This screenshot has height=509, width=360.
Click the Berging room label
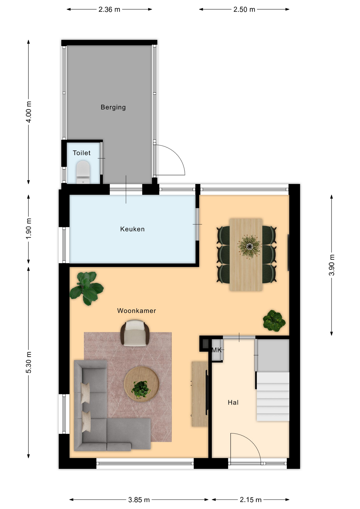[113, 107]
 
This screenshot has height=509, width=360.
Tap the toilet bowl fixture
[83, 171]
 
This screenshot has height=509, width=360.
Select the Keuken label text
[132, 229]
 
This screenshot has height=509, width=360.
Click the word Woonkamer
[137, 311]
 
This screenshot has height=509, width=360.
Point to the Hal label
[233, 402]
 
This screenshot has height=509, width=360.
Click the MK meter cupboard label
[216, 350]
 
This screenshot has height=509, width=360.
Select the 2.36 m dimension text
[109, 10]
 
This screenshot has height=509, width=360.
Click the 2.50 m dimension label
[244, 10]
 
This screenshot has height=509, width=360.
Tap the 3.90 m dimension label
[332, 265]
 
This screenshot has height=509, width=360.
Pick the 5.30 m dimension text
[29, 362]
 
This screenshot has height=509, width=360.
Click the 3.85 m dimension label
[139, 500]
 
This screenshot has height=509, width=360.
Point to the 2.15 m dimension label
[251, 500]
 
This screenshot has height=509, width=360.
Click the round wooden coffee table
[141, 384]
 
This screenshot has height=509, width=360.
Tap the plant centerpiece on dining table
[249, 247]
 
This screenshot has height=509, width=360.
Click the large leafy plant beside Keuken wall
[86, 288]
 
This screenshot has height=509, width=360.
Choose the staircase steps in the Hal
[273, 396]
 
